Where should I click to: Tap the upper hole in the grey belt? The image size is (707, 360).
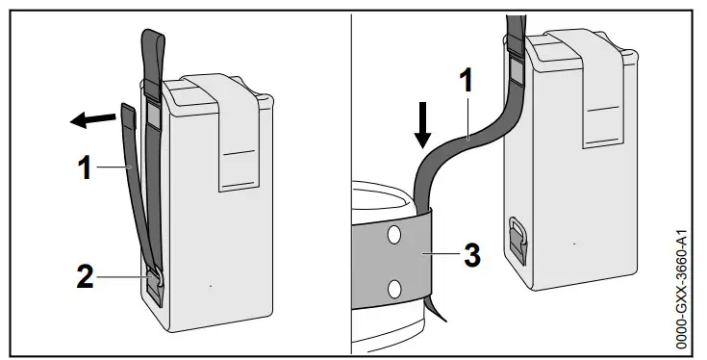(393, 236)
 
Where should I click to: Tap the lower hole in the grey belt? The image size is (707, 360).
(393, 289)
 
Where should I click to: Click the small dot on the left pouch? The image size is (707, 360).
(212, 286)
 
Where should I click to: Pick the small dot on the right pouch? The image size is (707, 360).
(573, 244)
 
